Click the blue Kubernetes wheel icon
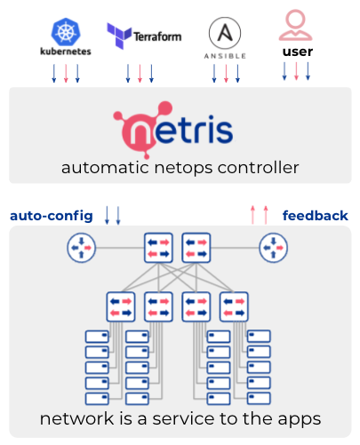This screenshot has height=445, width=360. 66,32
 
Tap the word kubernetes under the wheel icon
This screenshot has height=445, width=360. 66,52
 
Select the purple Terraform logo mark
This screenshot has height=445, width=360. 119,36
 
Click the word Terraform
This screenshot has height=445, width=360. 157,36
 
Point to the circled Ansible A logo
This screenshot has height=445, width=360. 225,33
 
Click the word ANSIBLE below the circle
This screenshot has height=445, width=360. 225,56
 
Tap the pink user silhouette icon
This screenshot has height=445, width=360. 295,25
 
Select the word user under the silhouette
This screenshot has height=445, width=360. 298,52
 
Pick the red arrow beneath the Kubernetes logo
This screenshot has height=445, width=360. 66,73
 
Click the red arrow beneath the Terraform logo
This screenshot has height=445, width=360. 140,73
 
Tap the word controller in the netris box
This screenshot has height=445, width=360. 258,168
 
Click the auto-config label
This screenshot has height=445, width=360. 52,216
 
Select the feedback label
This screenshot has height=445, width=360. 316,216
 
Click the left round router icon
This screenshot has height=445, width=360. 81,248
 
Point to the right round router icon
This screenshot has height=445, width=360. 273,248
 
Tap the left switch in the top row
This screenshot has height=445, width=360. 158,248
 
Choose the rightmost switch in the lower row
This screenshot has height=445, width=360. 234,306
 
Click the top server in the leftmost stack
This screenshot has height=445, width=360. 97,337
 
